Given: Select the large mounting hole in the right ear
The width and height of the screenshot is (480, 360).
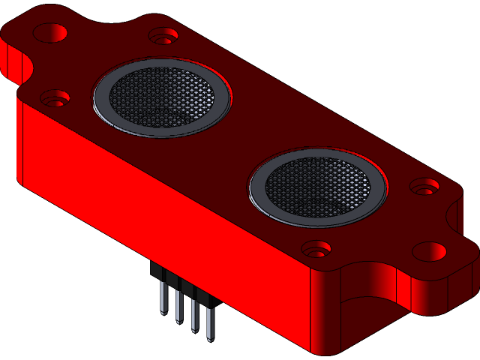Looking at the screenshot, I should [430, 250].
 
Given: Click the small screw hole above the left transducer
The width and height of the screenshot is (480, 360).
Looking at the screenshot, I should [163, 35].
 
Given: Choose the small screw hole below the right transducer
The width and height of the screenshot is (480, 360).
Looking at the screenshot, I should [316, 247].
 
